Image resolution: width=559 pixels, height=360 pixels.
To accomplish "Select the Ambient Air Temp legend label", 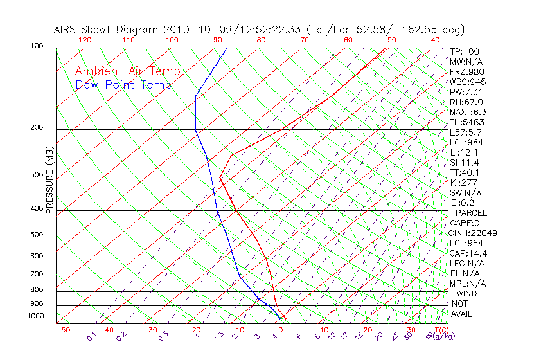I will click(127, 71).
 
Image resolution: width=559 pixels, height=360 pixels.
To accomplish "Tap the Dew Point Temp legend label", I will click(123, 85).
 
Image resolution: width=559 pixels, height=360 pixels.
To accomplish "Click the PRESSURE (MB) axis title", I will click(49, 181).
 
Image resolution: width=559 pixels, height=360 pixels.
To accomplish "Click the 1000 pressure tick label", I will click(36, 316).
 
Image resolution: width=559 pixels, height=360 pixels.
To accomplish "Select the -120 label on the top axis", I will click(82, 40).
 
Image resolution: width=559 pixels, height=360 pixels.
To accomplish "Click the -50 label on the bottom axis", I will click(62, 330).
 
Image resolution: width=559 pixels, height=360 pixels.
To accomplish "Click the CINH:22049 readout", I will click(474, 233).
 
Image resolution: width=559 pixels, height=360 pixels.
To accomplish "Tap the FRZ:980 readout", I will click(467, 72).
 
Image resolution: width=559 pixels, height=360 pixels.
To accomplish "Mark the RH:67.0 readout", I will click(466, 102).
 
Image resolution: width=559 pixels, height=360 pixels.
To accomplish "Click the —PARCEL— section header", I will click(471, 213).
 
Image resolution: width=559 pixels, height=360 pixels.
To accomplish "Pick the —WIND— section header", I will click(467, 293).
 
